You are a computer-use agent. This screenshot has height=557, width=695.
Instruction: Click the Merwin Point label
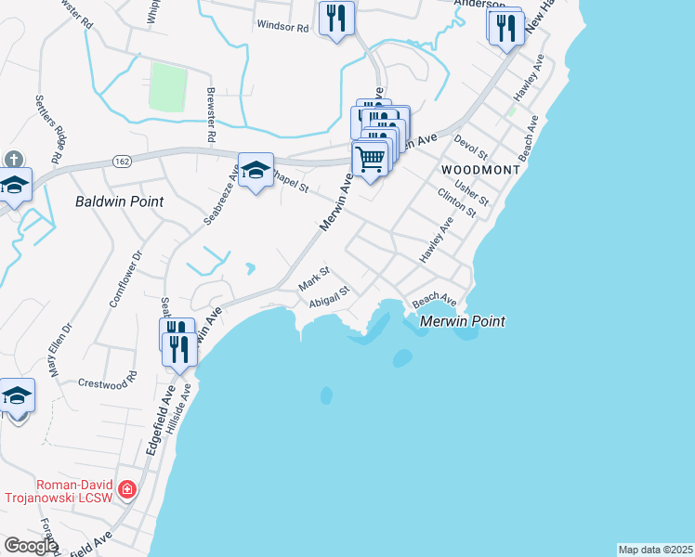(462, 321)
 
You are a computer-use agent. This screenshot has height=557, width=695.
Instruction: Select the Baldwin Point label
(119, 201)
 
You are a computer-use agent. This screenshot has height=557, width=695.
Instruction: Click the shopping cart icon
(371, 160)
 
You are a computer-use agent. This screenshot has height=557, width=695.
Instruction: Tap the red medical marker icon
(127, 489)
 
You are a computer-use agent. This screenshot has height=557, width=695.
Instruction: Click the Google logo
(31, 546)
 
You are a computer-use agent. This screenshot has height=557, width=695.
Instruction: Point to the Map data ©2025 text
(655, 550)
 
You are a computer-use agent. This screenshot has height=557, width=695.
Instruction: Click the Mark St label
(314, 279)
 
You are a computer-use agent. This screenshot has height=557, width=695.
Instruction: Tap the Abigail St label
(331, 295)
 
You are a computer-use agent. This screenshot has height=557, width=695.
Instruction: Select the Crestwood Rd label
(107, 382)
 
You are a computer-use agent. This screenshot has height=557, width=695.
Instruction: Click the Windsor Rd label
(282, 28)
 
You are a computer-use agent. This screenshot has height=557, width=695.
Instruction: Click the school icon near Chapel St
(256, 171)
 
